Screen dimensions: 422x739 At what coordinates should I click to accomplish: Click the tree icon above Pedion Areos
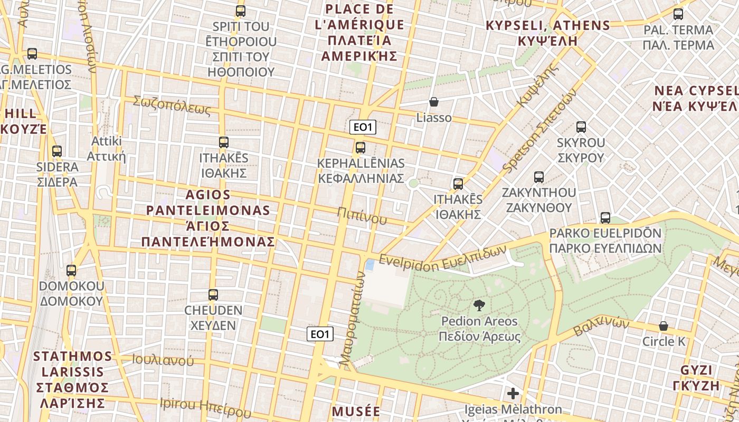479,305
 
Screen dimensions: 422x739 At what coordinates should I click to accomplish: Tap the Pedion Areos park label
479,329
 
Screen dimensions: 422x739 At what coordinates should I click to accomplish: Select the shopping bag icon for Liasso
434,102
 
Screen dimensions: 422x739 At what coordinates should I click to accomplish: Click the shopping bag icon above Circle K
664,326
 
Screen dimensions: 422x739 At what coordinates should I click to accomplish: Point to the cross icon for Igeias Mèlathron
513,394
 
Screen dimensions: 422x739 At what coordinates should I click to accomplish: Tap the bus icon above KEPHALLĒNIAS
361,148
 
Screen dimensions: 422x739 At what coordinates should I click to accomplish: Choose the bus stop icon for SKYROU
581,127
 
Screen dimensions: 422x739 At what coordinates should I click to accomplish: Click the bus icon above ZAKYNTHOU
538,177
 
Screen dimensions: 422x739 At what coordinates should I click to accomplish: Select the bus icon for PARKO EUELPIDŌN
605,218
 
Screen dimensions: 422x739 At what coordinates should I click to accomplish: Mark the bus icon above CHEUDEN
213,295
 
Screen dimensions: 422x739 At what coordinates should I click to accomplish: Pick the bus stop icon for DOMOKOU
71,271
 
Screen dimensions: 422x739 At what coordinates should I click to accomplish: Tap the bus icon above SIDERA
57,151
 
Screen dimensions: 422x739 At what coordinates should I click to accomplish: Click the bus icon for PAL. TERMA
678,14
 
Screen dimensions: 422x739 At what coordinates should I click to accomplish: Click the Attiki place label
106,148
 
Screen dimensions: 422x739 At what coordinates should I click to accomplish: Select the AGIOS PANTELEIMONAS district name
208,218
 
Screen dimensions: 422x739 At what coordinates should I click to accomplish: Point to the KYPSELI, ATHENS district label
547,33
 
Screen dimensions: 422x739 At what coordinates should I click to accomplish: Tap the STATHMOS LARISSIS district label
73,379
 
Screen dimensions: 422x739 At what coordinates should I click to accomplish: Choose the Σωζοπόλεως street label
172,105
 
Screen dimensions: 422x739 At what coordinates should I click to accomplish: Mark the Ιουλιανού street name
163,361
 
